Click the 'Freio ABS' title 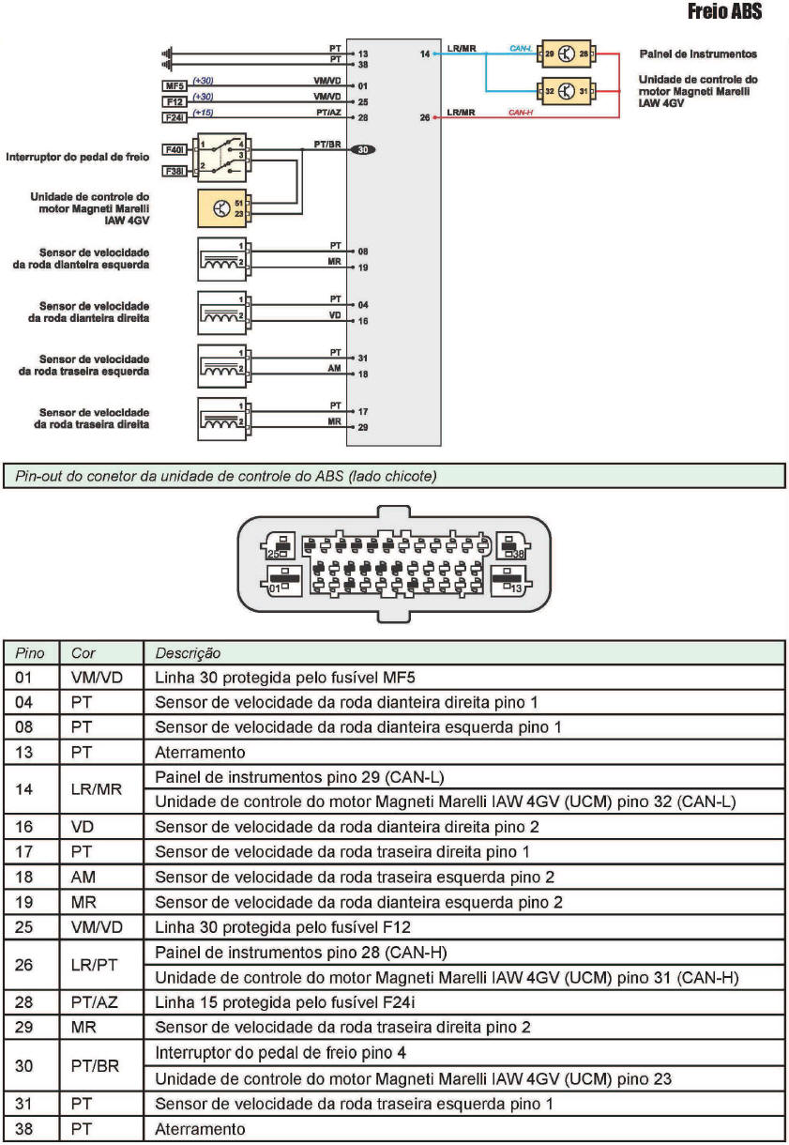click(724, 12)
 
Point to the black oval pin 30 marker click(362, 150)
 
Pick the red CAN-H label click(520, 113)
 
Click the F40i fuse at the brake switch click(175, 148)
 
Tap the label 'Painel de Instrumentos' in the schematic click(698, 54)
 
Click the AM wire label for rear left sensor click(334, 368)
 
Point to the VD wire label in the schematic click(334, 315)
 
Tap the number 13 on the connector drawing click(515, 588)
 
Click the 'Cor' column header click(83, 652)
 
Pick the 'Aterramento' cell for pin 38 click(200, 1129)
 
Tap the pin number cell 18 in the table click(26, 878)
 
